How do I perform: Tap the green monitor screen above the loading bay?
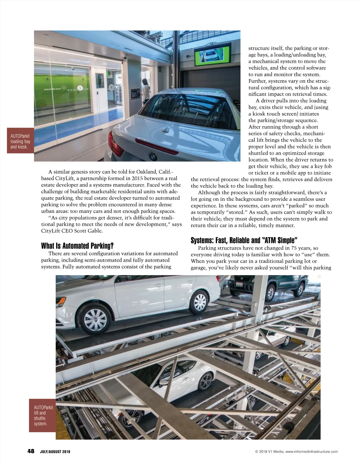[x=213, y=54]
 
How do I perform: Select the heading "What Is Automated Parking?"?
[x=77, y=246]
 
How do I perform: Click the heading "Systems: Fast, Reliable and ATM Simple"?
[x=244, y=240]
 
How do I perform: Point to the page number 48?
[x=31, y=451]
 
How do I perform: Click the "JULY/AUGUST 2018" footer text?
[x=55, y=452]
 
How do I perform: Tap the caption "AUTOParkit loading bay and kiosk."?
[x=20, y=141]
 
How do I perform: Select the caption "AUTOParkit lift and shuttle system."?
[x=42, y=415]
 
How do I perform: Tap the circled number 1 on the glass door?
[x=80, y=88]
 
